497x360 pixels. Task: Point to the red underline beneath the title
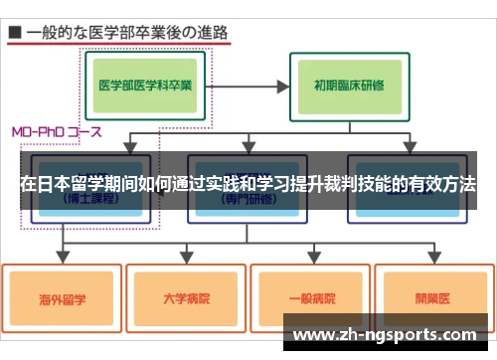point(119,45)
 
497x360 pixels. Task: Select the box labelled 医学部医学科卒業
point(145,85)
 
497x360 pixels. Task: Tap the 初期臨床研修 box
point(350,85)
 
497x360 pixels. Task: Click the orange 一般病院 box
point(310,296)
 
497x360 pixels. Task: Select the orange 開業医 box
point(432,295)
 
